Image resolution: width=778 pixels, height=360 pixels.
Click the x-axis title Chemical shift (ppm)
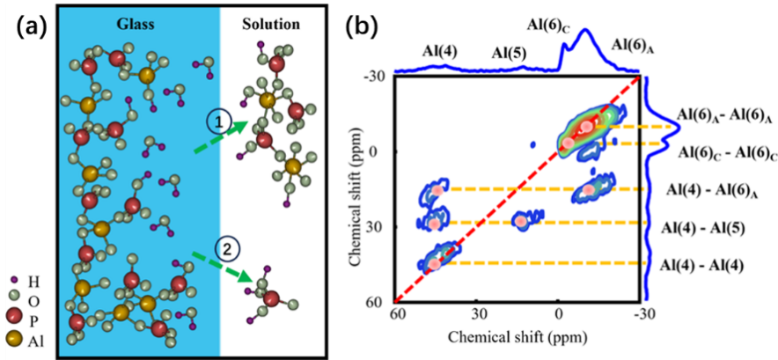520,338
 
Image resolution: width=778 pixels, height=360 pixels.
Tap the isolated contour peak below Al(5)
522,221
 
